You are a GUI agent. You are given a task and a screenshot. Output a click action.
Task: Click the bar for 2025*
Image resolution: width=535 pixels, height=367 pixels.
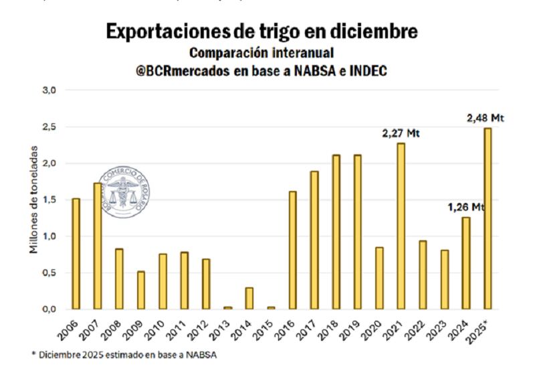click(487, 218)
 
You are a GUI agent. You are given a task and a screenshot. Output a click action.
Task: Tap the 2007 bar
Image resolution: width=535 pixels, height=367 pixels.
click(97, 246)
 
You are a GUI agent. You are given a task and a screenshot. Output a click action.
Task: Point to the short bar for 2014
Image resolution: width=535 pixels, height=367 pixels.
click(249, 299)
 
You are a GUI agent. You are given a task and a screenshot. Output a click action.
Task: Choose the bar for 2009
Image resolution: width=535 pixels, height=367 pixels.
click(140, 290)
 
